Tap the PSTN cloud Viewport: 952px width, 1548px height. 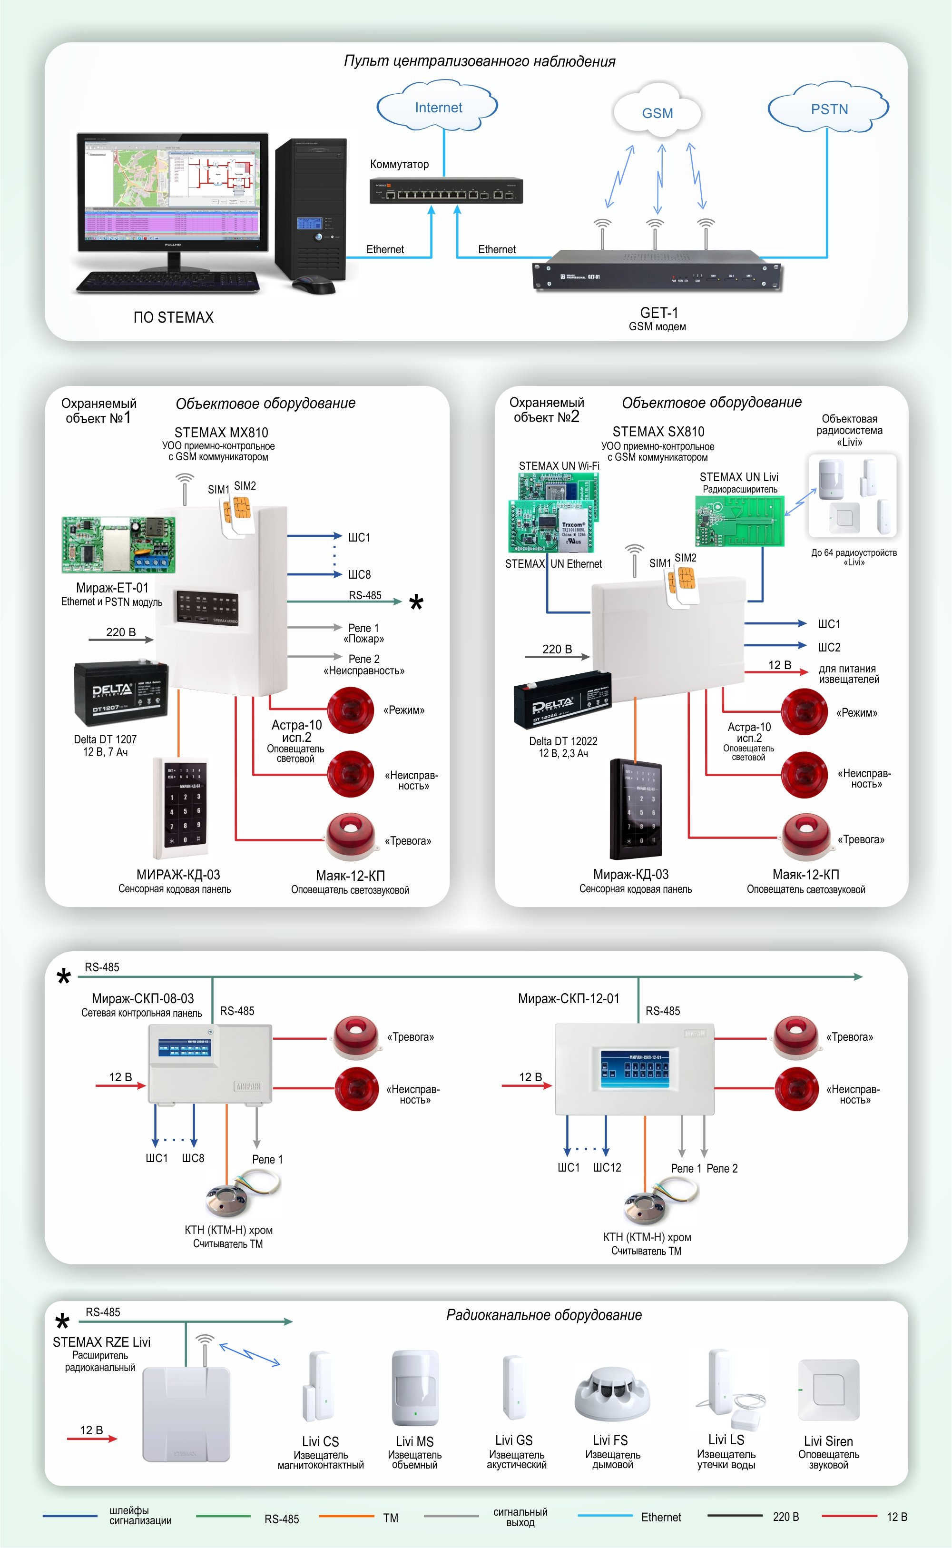click(x=829, y=108)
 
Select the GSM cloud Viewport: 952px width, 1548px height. click(x=658, y=112)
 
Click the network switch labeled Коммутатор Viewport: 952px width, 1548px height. click(x=446, y=191)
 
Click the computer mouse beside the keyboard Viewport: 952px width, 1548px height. click(x=314, y=286)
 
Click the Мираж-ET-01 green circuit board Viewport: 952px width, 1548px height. click(x=118, y=544)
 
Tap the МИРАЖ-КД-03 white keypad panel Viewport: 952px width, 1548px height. click(x=182, y=808)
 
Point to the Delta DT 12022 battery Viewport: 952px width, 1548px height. click(x=562, y=700)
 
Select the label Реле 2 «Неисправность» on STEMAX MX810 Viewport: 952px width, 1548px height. click(x=364, y=664)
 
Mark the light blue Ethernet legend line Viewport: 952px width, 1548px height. click(x=604, y=1515)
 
